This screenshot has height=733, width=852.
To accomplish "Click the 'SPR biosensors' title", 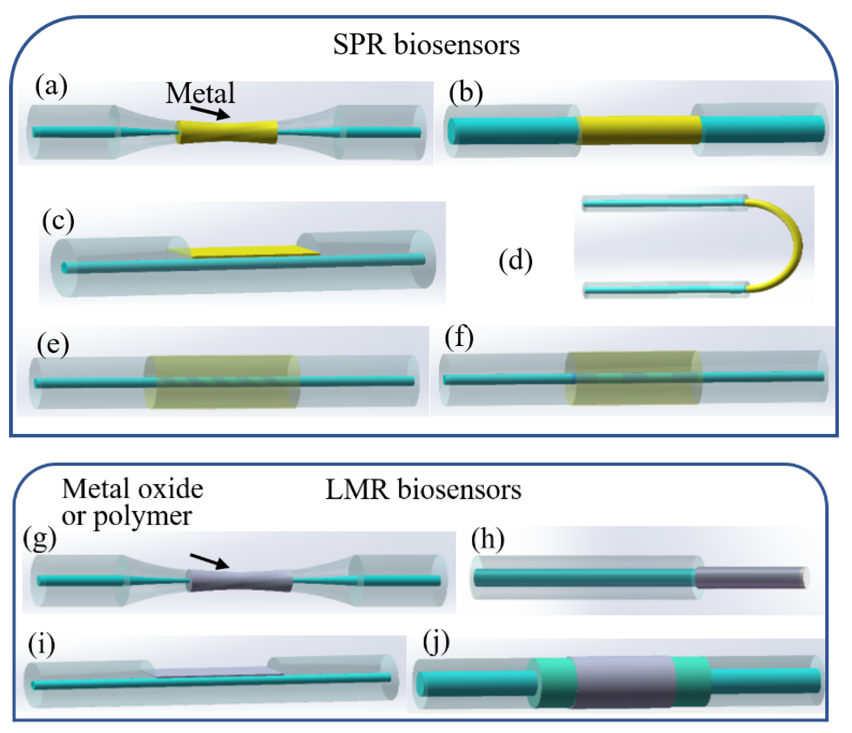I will tap(426, 44).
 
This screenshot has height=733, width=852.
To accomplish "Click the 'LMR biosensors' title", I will tap(423, 490).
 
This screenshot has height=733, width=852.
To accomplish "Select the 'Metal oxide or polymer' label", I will tap(132, 502).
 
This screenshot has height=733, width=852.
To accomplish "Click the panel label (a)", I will tap(51, 86).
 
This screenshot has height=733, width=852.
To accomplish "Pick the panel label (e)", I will tap(53, 343).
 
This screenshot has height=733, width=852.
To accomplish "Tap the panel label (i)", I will tap(41, 645).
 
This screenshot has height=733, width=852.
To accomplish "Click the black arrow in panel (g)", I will tap(209, 560).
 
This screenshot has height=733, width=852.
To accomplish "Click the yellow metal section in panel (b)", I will tap(640, 130).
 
